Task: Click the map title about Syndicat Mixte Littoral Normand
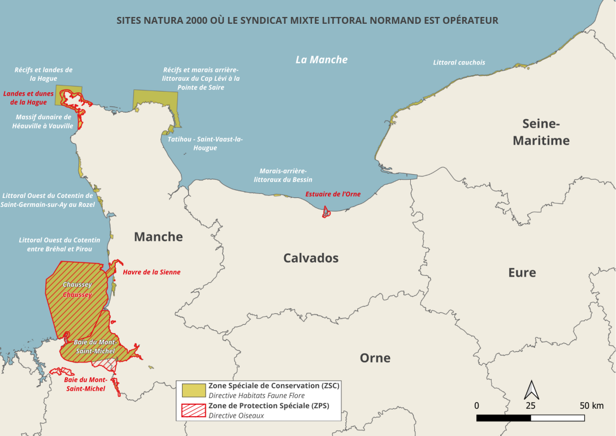[307, 21]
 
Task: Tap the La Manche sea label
[322, 59]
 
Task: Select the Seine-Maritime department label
[541, 132]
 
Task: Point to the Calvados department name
[311, 258]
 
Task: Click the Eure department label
[522, 273]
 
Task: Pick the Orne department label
[375, 358]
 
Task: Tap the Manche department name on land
[158, 237]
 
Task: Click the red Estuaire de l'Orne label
[332, 194]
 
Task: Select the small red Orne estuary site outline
[326, 213]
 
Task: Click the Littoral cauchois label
[459, 63]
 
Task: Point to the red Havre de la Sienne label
[152, 272]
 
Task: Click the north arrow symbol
[531, 390]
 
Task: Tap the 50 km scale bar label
[591, 405]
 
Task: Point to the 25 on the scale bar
[530, 405]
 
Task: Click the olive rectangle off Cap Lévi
[155, 100]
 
